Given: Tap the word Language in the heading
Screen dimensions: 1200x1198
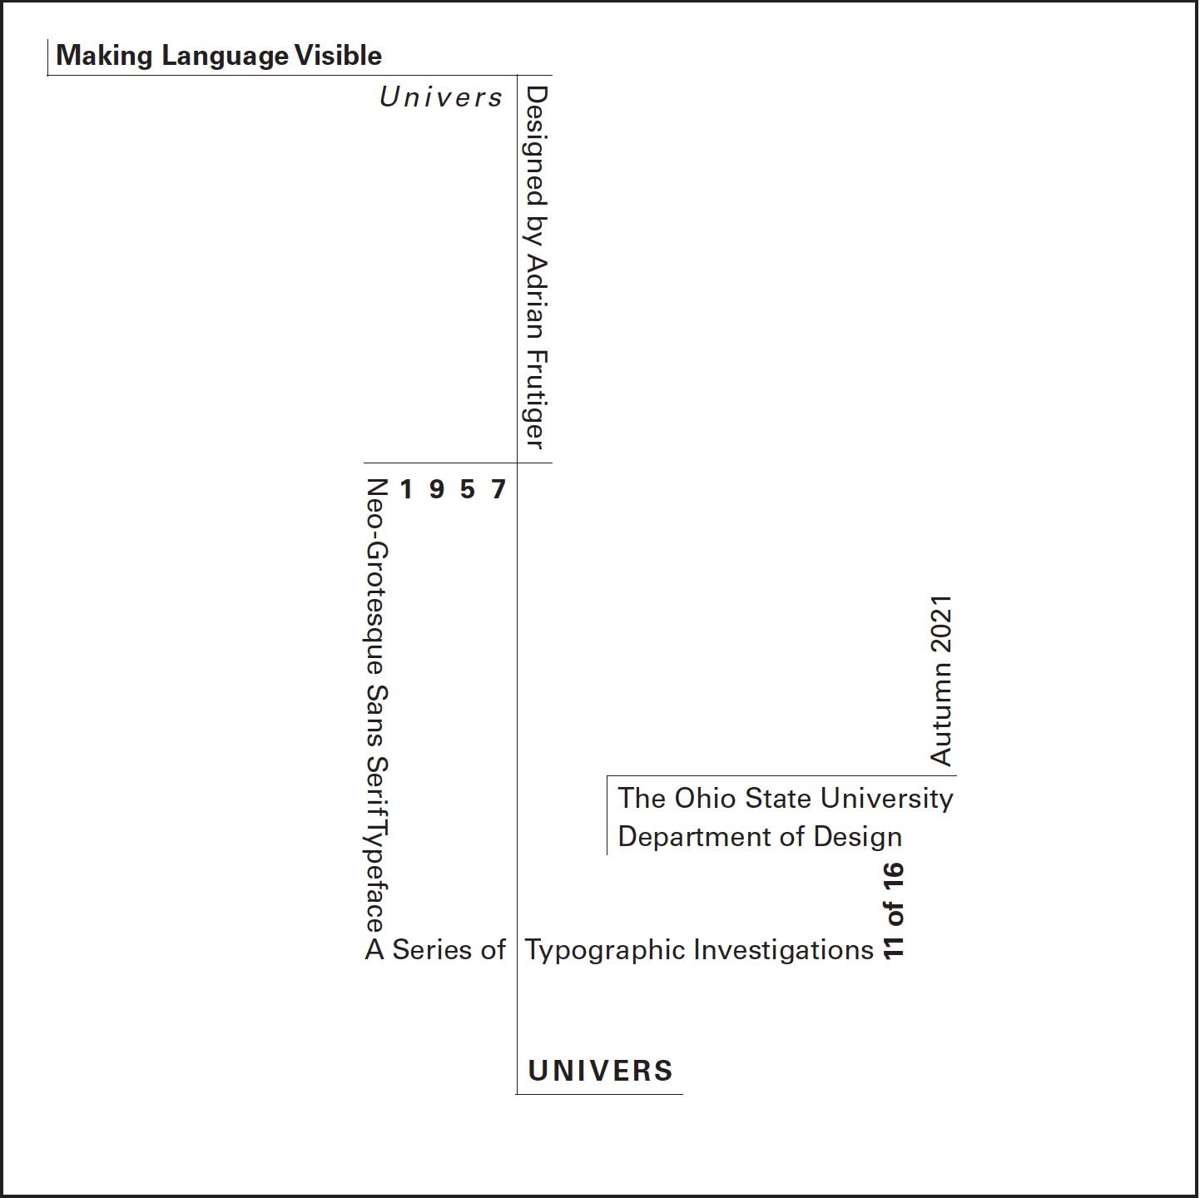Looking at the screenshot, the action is click(x=225, y=56).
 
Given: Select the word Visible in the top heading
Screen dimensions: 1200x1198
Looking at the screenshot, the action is click(x=338, y=56).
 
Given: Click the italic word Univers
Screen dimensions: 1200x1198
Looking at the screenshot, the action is click(x=441, y=97).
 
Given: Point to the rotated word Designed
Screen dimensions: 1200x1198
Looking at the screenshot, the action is click(x=536, y=146).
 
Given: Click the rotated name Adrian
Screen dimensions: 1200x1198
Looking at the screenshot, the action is click(x=536, y=296).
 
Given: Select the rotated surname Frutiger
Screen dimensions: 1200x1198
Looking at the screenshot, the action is click(x=536, y=399).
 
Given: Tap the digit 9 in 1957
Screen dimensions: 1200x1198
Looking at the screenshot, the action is click(x=437, y=489).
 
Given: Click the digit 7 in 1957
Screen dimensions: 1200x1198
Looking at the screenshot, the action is click(x=498, y=489).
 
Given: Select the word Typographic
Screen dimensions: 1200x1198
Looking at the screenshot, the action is click(x=605, y=950).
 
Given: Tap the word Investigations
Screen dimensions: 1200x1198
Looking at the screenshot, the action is click(x=784, y=949).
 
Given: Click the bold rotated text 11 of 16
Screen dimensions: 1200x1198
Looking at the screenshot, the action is click(x=893, y=911).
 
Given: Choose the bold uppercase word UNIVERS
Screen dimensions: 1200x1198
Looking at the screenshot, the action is click(x=600, y=1071).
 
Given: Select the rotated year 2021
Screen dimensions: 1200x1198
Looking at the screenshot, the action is click(x=941, y=625).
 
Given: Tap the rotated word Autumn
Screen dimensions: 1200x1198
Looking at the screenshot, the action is click(x=941, y=715).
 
